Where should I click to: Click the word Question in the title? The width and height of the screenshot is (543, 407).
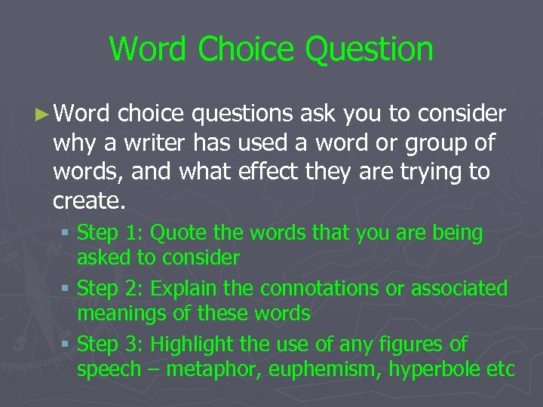point(370,50)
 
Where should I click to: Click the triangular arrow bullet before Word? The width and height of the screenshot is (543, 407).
point(43,115)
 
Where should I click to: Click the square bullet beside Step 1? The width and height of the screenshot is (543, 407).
point(67,234)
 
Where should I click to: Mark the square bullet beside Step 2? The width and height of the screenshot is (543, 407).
point(67,289)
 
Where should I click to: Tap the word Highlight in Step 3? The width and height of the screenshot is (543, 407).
point(192,344)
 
